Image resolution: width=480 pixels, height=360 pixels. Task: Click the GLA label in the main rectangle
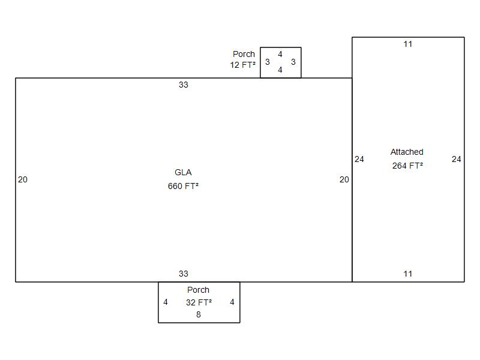tap(183, 172)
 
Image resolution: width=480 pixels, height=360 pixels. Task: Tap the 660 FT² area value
tap(183, 186)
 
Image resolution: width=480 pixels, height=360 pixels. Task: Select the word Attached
tap(407, 152)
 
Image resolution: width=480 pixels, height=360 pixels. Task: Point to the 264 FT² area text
tap(407, 166)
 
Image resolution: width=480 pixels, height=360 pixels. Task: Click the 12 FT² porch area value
tap(243, 65)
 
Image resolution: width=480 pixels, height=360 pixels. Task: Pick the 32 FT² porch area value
tap(199, 302)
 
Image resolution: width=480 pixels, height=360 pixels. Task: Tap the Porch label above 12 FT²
tap(244, 54)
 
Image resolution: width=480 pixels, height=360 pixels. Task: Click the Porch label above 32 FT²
tap(199, 290)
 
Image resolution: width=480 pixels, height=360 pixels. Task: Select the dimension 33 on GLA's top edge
tap(184, 85)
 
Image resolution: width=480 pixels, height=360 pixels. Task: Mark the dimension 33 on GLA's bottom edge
tap(184, 274)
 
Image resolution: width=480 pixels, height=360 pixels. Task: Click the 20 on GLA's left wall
tap(23, 179)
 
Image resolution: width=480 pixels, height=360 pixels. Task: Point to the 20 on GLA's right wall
tap(344, 179)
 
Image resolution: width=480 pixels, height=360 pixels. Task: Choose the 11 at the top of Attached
tap(408, 44)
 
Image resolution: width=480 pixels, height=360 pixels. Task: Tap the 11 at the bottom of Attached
tap(408, 274)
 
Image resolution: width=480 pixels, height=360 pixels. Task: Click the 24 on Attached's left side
tap(359, 159)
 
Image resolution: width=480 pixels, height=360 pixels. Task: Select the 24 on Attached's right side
tap(456, 159)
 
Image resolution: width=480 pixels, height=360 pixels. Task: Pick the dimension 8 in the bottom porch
tap(199, 314)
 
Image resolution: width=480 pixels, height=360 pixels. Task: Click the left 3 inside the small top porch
tap(267, 62)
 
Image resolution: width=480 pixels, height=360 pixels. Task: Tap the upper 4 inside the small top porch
tap(280, 54)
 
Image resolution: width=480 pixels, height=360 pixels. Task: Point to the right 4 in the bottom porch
tap(232, 302)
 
